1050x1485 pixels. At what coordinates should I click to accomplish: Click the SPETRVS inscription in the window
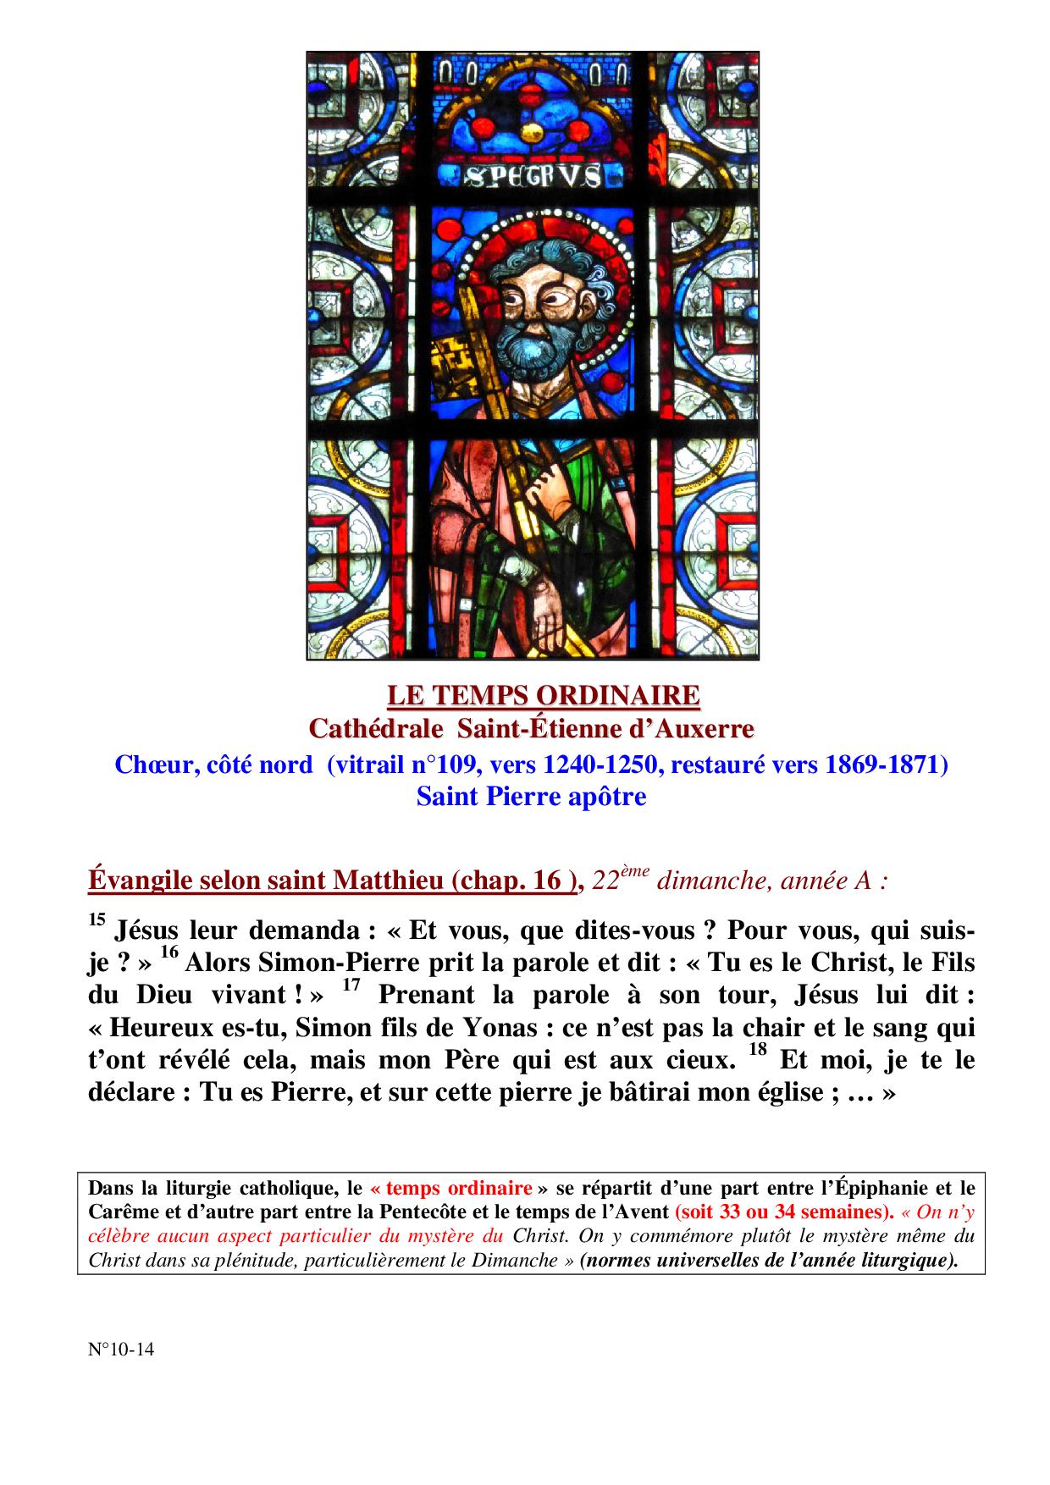[533, 176]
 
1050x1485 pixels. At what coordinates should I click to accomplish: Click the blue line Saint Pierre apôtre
[531, 797]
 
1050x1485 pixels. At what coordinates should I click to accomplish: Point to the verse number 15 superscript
[96, 919]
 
